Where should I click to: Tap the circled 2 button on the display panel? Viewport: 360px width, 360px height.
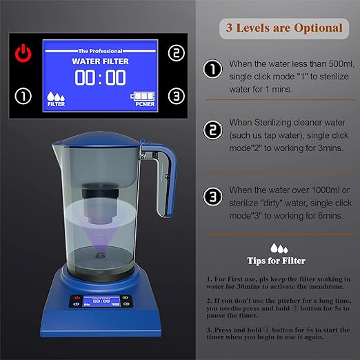(177, 53)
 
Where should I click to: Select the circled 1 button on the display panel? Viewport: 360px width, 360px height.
(24, 97)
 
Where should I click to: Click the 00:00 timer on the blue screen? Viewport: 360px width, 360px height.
(100, 77)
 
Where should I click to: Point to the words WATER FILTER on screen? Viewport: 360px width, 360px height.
(100, 60)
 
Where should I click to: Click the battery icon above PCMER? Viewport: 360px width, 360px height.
(142, 97)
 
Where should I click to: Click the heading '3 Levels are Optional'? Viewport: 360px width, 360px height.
(283, 28)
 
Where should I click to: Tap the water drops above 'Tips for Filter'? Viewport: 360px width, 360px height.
(279, 247)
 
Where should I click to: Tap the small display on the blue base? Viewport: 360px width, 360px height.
(102, 301)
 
